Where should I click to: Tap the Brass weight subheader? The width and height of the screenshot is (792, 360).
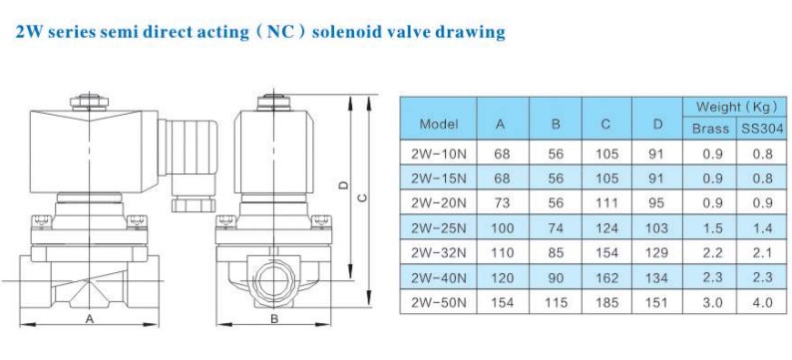click(x=710, y=128)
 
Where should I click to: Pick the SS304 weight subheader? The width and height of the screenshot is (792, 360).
click(x=762, y=128)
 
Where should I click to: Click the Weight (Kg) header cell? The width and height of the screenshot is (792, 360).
click(x=736, y=106)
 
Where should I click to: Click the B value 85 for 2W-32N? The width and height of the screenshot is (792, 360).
click(x=555, y=252)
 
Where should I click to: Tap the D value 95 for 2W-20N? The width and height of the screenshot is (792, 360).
click(x=656, y=202)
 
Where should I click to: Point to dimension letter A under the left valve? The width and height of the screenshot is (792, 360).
click(x=89, y=320)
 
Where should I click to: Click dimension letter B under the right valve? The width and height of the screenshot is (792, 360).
click(x=271, y=320)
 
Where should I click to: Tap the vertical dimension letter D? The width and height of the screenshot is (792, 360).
click(x=343, y=184)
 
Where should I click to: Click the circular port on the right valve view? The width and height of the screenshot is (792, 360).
click(x=272, y=274)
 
